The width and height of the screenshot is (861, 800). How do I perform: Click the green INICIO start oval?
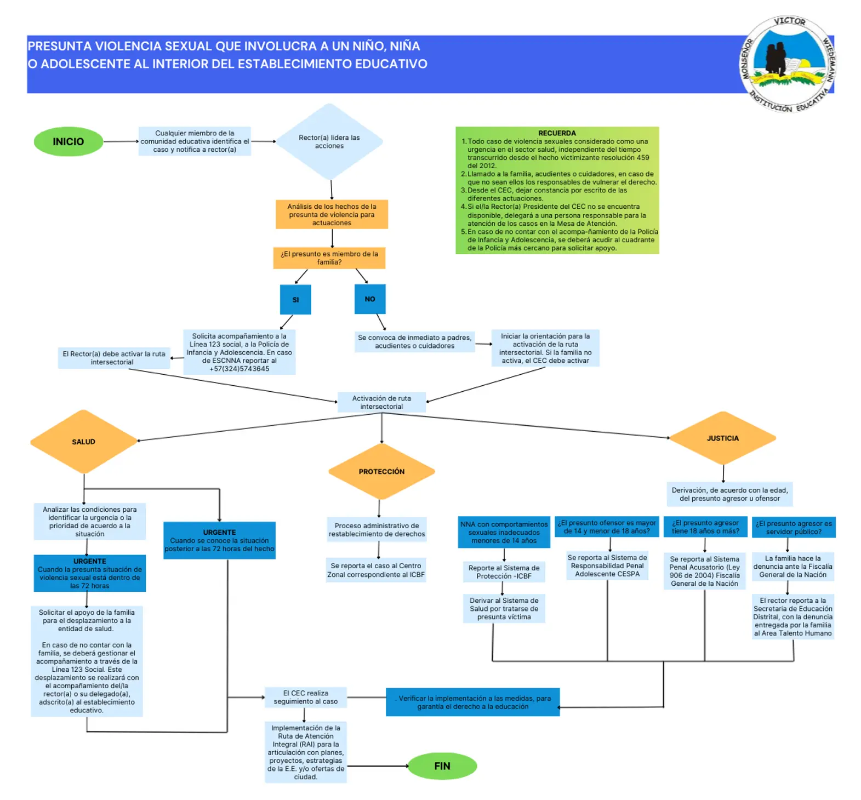coord(69,141)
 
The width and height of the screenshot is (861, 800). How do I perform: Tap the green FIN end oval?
coord(442,765)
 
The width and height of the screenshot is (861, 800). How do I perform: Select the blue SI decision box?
coord(295,299)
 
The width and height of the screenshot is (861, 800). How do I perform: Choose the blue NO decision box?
coord(370,299)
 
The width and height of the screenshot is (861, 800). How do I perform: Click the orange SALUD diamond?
coord(84,442)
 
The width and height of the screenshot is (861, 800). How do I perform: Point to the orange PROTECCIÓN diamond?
coord(381,471)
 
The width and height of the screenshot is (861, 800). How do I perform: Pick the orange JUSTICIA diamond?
coord(723,438)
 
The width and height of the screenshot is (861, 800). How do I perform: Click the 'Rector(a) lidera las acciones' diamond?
coord(329,141)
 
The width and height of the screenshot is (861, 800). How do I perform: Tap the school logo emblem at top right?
coord(789,64)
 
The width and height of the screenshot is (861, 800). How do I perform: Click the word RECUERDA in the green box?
coord(557,133)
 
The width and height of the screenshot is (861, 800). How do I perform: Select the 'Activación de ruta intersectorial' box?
coord(381,402)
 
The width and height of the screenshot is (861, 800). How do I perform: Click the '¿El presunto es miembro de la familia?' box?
coord(329,258)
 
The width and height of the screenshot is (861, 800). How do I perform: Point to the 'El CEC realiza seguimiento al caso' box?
coord(306,697)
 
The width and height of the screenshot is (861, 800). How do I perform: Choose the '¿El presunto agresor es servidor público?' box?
coord(794,527)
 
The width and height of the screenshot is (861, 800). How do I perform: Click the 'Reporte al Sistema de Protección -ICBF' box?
coord(504,572)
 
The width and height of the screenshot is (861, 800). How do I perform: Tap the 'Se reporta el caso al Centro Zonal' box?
coord(376,570)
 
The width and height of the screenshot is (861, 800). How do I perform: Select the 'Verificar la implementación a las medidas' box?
coord(473,702)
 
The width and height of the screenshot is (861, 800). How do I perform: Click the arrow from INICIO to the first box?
coord(121,141)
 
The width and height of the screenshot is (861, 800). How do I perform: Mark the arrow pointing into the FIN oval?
coord(378,765)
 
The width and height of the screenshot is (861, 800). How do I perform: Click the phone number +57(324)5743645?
coord(240,369)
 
